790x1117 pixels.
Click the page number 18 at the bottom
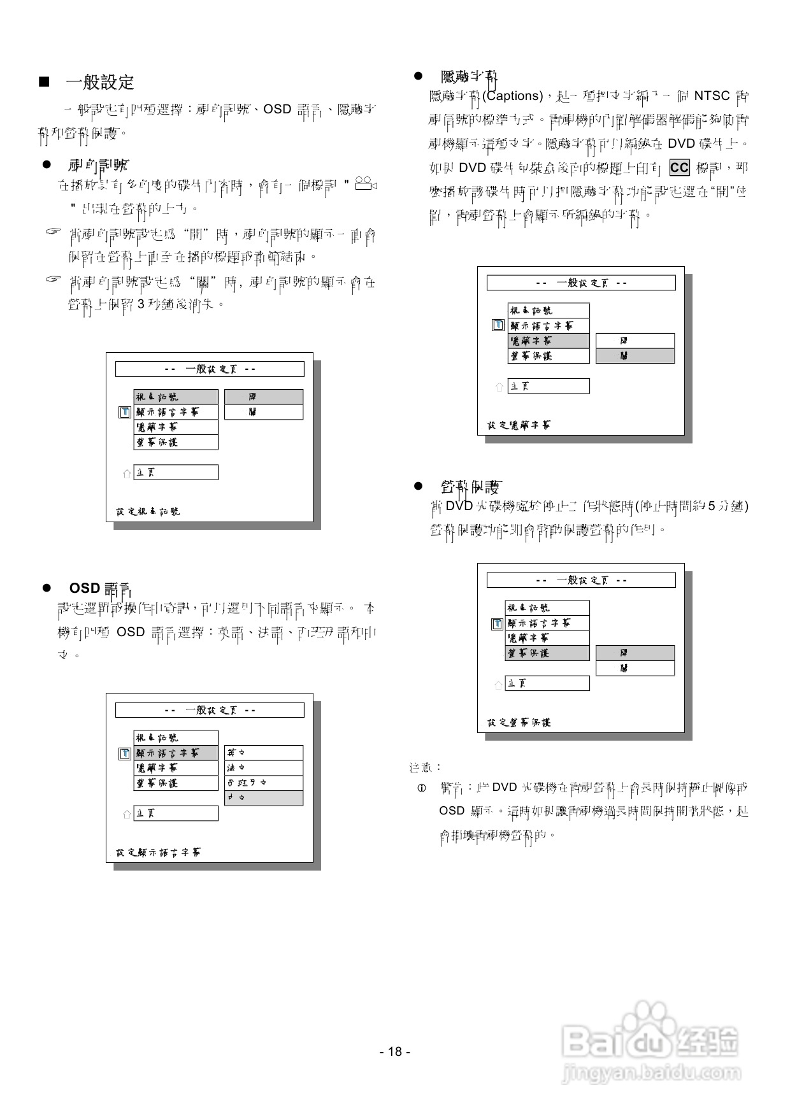[394, 1051]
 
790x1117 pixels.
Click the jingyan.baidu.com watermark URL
[650, 1073]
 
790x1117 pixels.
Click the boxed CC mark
[679, 167]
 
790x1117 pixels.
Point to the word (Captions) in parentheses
[512, 96]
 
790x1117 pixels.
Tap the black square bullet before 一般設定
[44, 82]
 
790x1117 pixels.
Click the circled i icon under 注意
[421, 788]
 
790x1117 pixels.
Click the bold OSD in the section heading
[84, 588]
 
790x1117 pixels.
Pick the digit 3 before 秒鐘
[141, 304]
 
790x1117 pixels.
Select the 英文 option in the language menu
[263, 753]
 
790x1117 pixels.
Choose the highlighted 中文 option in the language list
[263, 798]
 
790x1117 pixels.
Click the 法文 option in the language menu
[263, 768]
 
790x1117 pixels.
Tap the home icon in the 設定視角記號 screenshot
[126, 473]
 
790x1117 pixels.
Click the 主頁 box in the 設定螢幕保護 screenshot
[547, 683]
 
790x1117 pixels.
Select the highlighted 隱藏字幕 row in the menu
[548, 341]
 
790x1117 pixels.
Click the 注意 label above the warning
[425, 767]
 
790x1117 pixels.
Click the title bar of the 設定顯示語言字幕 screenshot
[209, 710]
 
